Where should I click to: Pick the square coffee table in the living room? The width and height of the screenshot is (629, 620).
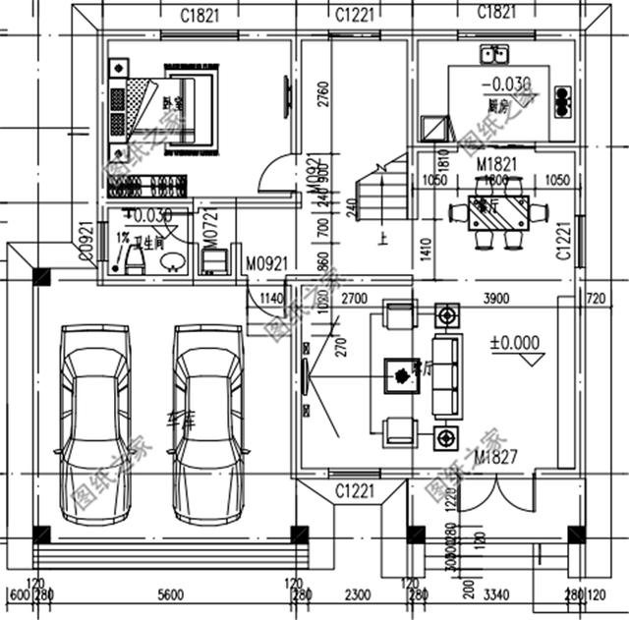[400, 372]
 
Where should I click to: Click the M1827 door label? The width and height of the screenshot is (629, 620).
[496, 458]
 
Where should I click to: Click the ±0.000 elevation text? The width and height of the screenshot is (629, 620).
[514, 343]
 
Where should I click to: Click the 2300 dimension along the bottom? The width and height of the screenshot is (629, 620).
[357, 595]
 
